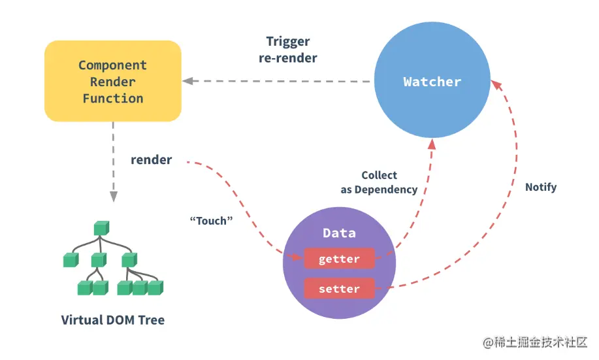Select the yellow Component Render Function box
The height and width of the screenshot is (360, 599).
[112, 81]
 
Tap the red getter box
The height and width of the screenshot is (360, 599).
[339, 259]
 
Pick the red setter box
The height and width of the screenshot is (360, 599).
[339, 288]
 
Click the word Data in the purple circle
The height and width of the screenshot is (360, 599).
[339, 233]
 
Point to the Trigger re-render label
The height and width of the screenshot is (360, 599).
[292, 50]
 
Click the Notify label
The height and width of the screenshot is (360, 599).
[541, 187]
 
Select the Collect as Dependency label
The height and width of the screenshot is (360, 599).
[379, 182]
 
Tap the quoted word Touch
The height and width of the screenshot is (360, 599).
[211, 221]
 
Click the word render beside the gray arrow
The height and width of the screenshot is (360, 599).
[151, 159]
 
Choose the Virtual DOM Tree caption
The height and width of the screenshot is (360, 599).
[113, 320]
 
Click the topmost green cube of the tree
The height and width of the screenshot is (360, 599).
[100, 228]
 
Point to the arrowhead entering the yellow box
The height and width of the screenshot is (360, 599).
[187, 81]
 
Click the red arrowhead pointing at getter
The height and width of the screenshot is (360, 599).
[299, 256]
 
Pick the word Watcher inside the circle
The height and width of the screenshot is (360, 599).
[432, 82]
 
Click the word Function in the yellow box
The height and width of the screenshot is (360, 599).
[112, 99]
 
